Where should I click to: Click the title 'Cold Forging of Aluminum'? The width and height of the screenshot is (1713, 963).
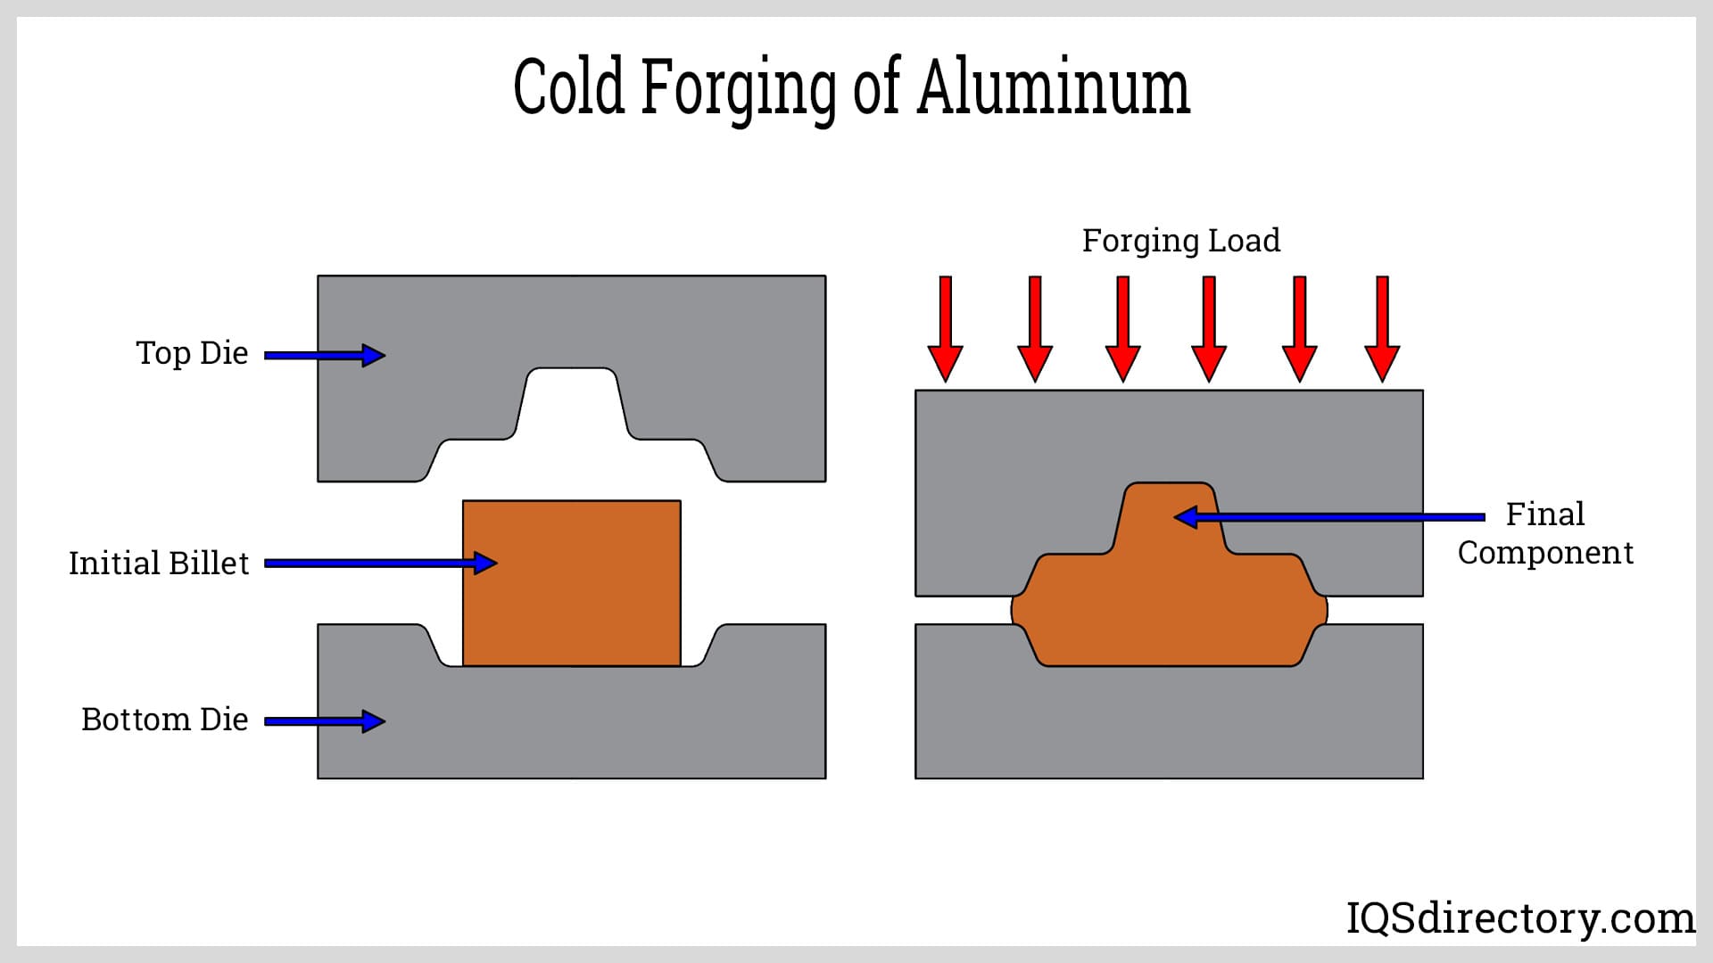[x=852, y=86]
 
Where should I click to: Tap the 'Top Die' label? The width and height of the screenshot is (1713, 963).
[x=192, y=353]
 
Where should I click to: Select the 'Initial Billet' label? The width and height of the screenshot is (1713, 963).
[x=159, y=564]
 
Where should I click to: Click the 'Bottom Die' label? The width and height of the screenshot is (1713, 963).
[x=164, y=720]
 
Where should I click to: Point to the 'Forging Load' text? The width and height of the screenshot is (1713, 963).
[x=1180, y=241]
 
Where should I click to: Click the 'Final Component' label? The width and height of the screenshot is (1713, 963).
[x=1545, y=533]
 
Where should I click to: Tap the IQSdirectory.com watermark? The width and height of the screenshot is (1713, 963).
[x=1519, y=918]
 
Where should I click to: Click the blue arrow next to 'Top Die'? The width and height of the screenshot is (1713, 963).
[x=325, y=355]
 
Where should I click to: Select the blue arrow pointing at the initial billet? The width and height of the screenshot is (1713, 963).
[x=380, y=563]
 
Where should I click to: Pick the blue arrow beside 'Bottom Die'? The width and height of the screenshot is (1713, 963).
[x=325, y=721]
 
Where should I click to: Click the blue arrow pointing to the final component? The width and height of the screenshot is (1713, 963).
[x=1328, y=516]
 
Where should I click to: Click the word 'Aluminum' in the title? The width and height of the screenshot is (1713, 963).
[x=1054, y=86]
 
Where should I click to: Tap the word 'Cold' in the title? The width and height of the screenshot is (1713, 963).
[x=568, y=86]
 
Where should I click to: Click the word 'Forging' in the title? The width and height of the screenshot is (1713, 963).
[x=739, y=86]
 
